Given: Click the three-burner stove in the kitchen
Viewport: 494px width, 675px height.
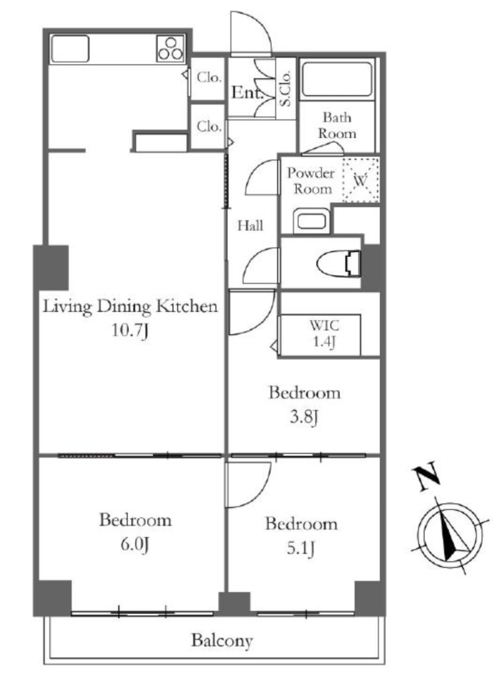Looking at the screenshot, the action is pos(171,48).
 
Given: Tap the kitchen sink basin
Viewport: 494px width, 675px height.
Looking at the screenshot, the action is pos(70,49).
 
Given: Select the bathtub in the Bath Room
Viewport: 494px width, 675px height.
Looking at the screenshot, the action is pos(337,79).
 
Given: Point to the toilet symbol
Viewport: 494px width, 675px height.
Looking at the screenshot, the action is pos(339,263).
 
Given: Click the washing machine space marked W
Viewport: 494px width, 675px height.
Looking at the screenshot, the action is pos(360,180).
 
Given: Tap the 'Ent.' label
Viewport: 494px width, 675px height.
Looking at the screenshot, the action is pos(247,92).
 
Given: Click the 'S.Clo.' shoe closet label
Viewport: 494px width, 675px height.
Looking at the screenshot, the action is pos(285,88).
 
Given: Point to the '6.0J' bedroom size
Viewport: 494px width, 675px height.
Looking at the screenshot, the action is pos(134,544).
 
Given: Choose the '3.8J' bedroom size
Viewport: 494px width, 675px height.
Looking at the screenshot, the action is pos(304,417).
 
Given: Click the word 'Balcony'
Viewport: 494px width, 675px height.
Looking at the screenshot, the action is pos(221,641).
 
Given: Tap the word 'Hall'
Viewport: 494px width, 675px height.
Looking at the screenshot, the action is pos(250,225).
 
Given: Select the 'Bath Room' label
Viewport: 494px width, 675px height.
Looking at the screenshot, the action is pos(337,125).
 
